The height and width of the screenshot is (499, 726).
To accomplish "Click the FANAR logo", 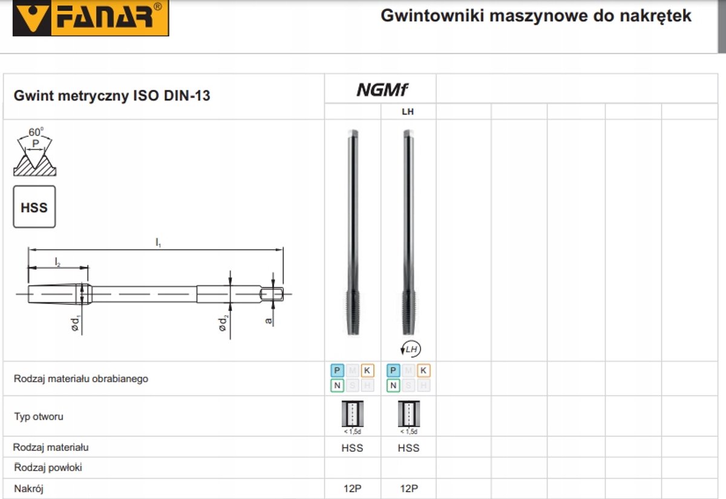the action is [x=91, y=17].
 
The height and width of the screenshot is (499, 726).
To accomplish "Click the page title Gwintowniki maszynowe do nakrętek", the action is [x=536, y=16].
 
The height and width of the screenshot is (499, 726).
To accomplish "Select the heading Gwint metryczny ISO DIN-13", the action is [x=112, y=96].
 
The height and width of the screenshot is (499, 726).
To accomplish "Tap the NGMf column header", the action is [x=382, y=90].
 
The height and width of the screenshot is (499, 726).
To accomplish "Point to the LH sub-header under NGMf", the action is [x=408, y=112].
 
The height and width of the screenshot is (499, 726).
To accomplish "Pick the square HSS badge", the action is [x=34, y=207].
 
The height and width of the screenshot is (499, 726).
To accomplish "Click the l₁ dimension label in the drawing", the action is [x=158, y=243].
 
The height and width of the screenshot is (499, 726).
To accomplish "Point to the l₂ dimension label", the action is [x=57, y=262].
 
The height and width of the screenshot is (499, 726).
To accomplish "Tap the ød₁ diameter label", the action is [x=75, y=323].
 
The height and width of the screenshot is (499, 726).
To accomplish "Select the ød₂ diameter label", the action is [x=223, y=323].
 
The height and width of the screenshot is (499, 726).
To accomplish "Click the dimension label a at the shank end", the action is [x=268, y=321].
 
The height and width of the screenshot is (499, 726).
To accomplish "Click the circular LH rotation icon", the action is [x=410, y=349].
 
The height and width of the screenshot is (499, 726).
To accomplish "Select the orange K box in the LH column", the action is [x=423, y=370].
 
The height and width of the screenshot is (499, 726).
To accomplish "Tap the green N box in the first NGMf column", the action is [x=337, y=386].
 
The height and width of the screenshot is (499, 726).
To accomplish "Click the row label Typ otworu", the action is [x=39, y=416].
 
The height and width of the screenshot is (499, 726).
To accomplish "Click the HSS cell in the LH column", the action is [x=408, y=448].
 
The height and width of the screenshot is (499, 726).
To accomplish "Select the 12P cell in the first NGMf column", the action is [x=352, y=488].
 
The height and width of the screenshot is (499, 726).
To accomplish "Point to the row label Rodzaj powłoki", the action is [x=48, y=468].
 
